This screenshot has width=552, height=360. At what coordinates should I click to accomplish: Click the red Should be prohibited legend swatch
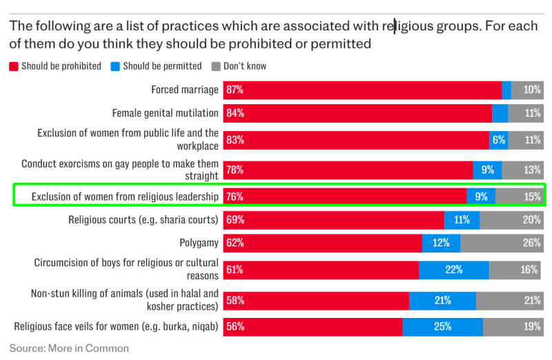point(13,66)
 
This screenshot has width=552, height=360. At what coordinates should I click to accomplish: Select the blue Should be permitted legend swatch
point(115,66)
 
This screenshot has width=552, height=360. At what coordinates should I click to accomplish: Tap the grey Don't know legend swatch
point(215,66)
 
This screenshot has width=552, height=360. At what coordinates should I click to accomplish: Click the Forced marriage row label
point(185,90)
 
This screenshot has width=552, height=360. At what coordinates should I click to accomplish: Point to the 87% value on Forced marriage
point(235,90)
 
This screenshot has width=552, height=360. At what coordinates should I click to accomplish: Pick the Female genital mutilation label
point(166,113)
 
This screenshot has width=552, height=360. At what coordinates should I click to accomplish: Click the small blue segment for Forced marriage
point(506,90)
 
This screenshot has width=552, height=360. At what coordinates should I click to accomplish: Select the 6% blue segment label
point(498,139)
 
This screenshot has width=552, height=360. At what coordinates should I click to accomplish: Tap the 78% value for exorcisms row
point(235,170)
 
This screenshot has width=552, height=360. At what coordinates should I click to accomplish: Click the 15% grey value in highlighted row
point(531,197)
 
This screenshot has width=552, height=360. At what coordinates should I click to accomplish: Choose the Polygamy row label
point(199,243)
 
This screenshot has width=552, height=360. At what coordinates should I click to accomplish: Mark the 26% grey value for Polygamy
point(531,243)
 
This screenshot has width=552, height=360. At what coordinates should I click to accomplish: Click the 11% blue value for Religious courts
point(462,220)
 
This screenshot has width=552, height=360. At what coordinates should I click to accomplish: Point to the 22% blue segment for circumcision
point(453,270)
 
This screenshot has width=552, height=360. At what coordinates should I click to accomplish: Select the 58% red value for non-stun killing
point(235,300)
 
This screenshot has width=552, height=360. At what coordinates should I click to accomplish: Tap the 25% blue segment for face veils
point(442,327)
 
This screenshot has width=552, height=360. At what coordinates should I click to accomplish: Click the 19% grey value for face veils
point(531,327)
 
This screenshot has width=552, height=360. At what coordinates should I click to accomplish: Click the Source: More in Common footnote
point(69,348)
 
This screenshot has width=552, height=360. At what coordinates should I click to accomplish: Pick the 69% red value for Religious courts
point(235,220)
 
